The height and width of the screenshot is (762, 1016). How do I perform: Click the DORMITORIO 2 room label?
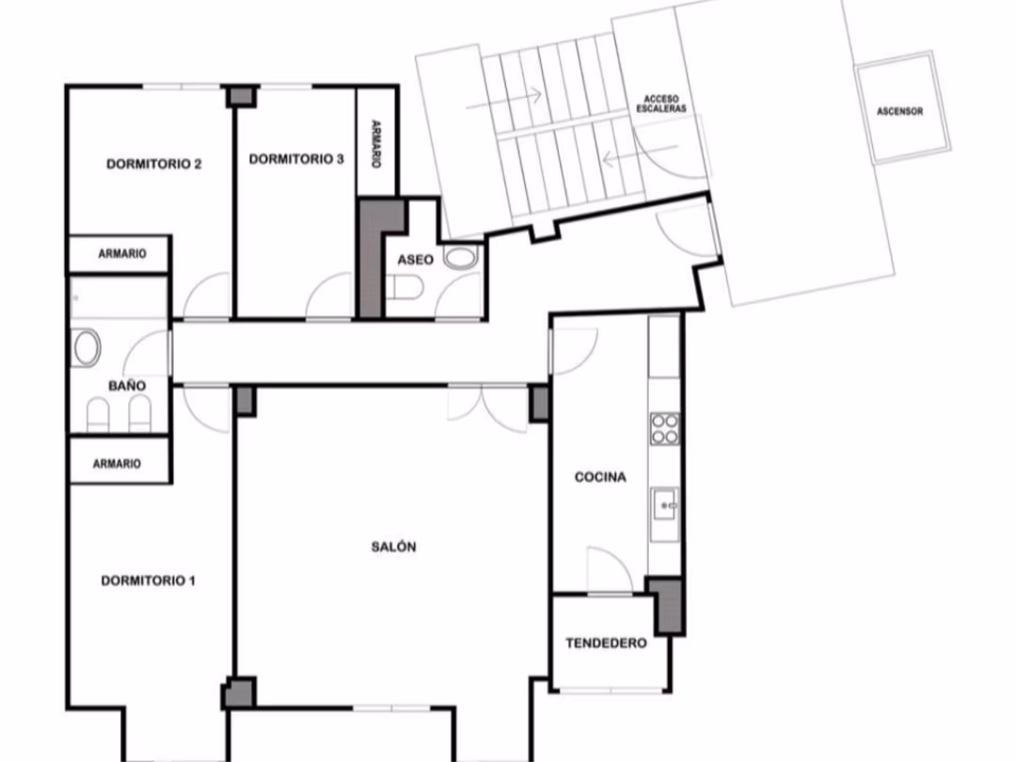pyautogui.click(x=153, y=164)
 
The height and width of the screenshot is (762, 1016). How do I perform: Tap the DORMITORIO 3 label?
pyautogui.click(x=296, y=159)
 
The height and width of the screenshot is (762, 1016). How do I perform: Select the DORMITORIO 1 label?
pyautogui.click(x=148, y=580)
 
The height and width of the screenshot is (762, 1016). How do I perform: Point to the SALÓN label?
pyautogui.click(x=393, y=547)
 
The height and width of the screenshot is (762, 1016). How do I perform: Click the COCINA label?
pyautogui.click(x=600, y=477)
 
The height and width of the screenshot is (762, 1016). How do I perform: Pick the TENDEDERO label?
pyautogui.click(x=606, y=643)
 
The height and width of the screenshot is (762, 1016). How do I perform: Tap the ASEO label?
pyautogui.click(x=416, y=260)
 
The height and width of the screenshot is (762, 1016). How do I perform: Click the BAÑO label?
pyautogui.click(x=127, y=386)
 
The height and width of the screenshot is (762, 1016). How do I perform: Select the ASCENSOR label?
pyautogui.click(x=899, y=111)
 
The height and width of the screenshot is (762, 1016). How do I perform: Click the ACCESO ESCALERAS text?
pyautogui.click(x=661, y=103)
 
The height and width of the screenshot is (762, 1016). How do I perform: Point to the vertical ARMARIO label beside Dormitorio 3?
pyautogui.click(x=375, y=143)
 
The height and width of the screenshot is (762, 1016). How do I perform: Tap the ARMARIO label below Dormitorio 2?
pyautogui.click(x=121, y=253)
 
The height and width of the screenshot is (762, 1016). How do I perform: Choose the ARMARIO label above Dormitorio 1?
pyautogui.click(x=117, y=463)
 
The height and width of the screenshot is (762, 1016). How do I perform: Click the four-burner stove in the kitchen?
pyautogui.click(x=665, y=429)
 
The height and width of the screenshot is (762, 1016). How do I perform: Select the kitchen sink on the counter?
pyautogui.click(x=665, y=505)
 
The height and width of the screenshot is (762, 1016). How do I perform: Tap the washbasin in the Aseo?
pyautogui.click(x=461, y=258)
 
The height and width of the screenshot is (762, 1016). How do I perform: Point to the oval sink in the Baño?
pyautogui.click(x=87, y=347)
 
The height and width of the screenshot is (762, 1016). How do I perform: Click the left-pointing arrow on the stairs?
pyautogui.click(x=640, y=153)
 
